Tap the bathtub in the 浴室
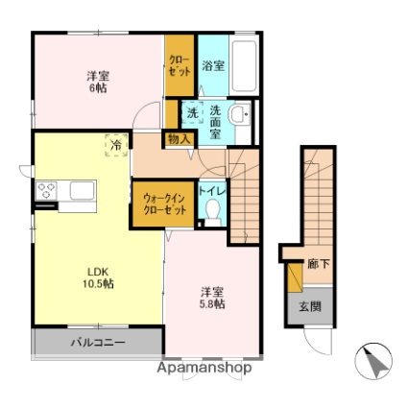[x=244, y=66]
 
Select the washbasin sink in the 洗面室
[x=240, y=114]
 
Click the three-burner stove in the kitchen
[x=46, y=191]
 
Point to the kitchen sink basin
[x=83, y=191]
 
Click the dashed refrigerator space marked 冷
[x=116, y=146]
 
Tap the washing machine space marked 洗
[x=192, y=112]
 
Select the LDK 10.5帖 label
[x=99, y=277]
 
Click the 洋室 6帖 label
[x=98, y=82]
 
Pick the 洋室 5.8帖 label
[x=212, y=298]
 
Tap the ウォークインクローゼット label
[x=164, y=204]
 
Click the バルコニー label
[x=98, y=343]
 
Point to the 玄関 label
[x=310, y=307]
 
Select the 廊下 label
[x=319, y=264]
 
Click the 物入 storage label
[x=180, y=139]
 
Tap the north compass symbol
[x=373, y=361]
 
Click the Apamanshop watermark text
[x=204, y=368]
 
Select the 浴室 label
[x=213, y=66]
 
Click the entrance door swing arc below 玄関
[x=317, y=343]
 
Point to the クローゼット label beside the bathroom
[x=180, y=65]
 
